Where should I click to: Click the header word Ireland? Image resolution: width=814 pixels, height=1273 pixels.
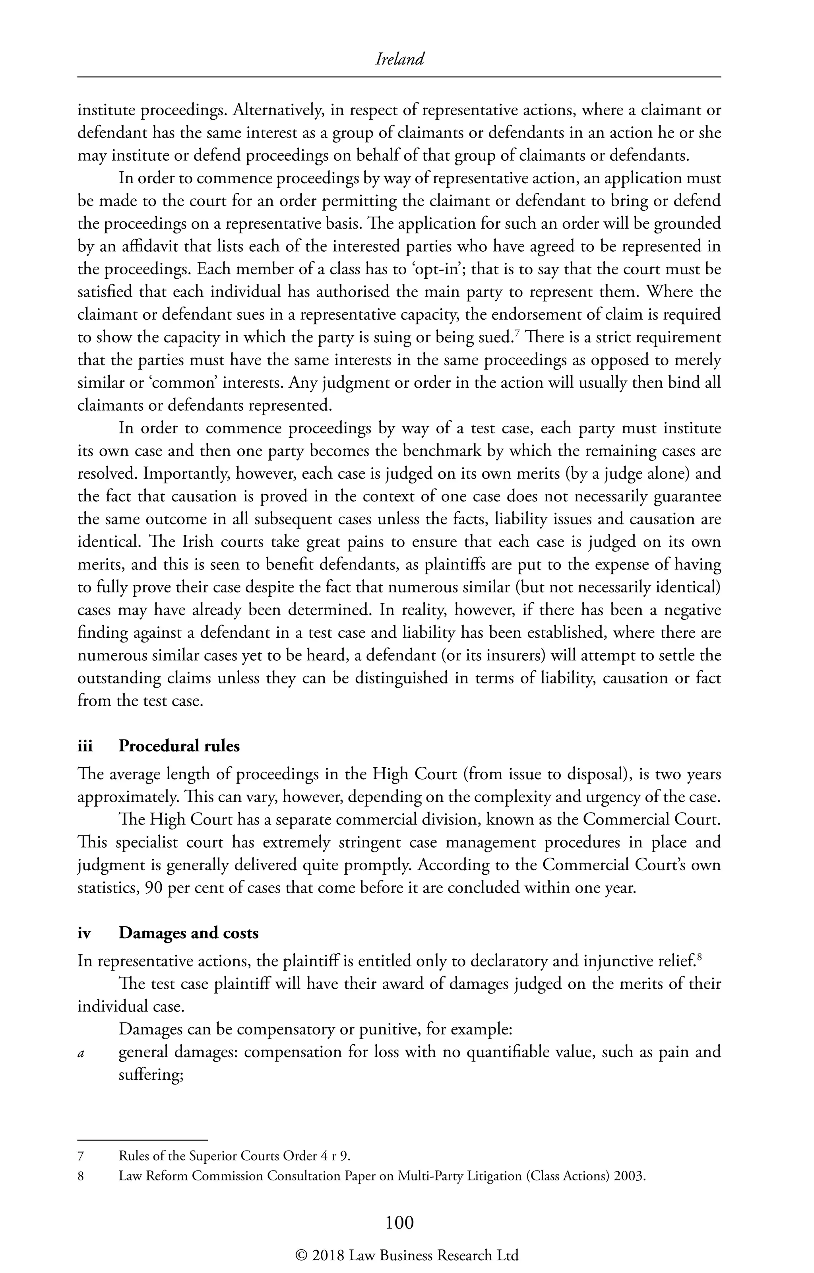399,59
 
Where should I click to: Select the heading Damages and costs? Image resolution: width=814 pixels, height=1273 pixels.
189,933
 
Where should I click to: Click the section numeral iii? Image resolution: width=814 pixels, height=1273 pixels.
85,746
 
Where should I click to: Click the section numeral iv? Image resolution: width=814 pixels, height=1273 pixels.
84,933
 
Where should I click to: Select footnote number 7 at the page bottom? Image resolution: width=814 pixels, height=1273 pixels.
81,1156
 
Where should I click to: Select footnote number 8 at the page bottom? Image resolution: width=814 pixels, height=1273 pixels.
81,1176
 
